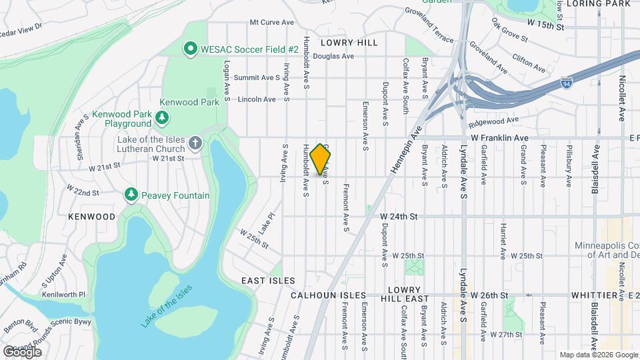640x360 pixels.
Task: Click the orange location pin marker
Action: pyautogui.click(x=321, y=159)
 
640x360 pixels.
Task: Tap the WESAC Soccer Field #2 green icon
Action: pyautogui.click(x=190, y=49)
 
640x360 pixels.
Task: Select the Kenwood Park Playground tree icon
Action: pyautogui.click(x=161, y=118)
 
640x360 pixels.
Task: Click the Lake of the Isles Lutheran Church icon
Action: pyautogui.click(x=195, y=142)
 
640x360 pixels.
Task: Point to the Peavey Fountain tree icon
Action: pyautogui.click(x=131, y=194)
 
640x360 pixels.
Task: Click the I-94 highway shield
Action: pyautogui.click(x=566, y=83)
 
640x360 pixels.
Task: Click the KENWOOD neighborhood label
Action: pyautogui.click(x=91, y=217)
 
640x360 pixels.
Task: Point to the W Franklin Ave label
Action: pyautogui.click(x=499, y=137)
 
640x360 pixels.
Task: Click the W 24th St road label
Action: pyautogui.click(x=398, y=217)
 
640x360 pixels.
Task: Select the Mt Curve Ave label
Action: pyautogui.click(x=271, y=22)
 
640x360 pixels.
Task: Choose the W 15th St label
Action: pyautogui.click(x=545, y=25)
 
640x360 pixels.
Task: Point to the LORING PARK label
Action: pyautogui.click(x=598, y=4)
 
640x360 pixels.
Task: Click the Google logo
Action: pyautogui.click(x=22, y=351)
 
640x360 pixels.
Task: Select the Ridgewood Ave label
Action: pyautogui.click(x=493, y=123)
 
